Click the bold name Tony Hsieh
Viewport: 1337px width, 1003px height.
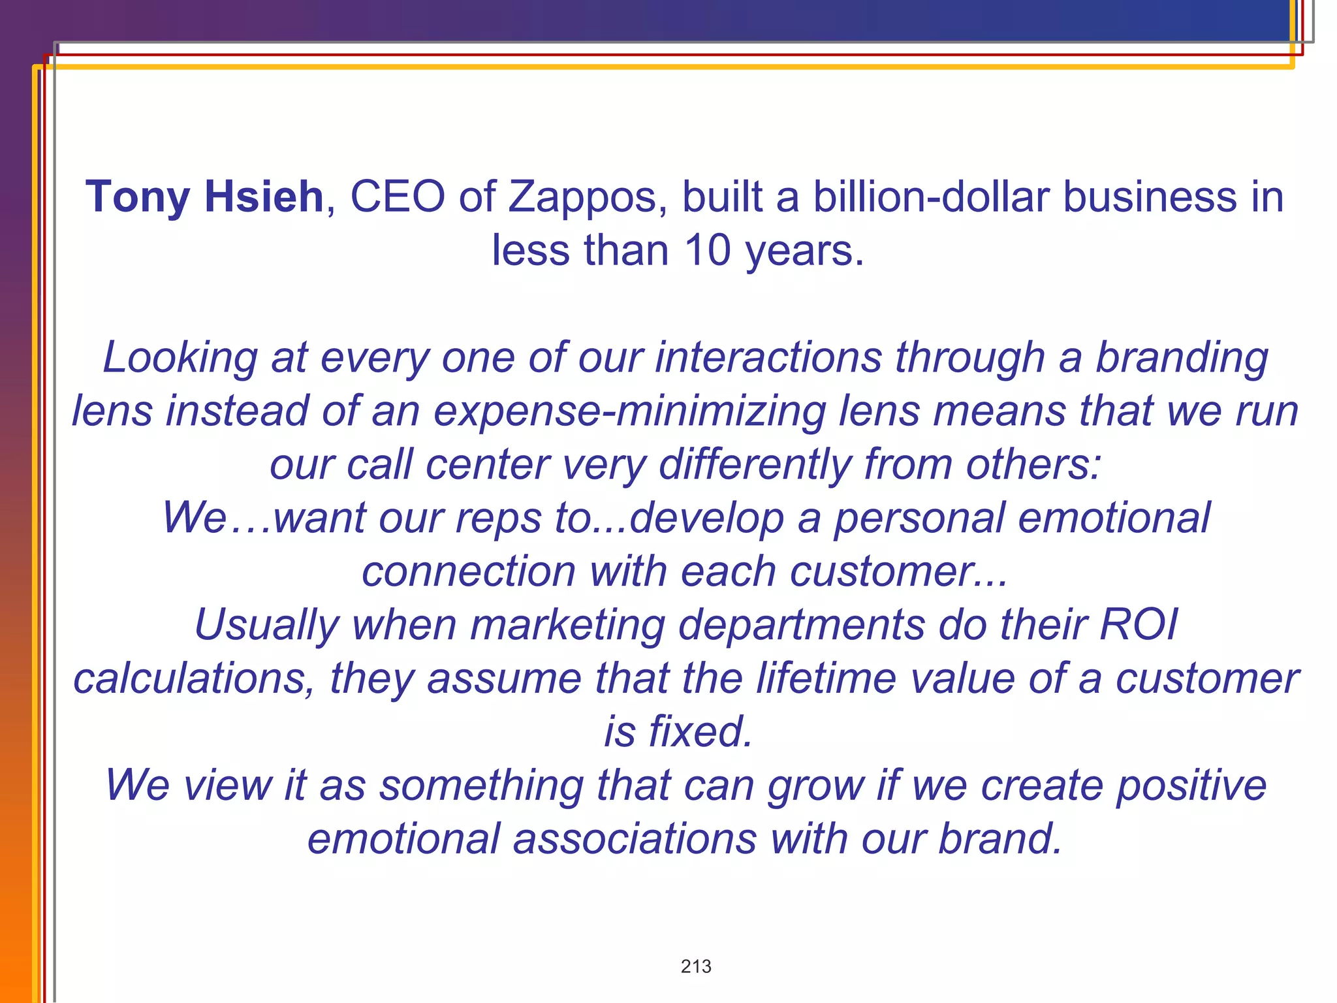pyautogui.click(x=204, y=197)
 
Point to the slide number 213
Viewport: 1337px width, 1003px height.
pyautogui.click(x=696, y=966)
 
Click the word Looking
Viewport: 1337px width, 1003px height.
pyautogui.click(x=180, y=358)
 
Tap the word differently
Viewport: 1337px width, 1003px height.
pyautogui.click(x=754, y=465)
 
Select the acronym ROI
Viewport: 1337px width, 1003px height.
pyautogui.click(x=1139, y=625)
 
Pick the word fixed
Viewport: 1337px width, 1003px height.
pyautogui.click(x=700, y=731)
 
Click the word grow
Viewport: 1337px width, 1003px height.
pyautogui.click(x=815, y=785)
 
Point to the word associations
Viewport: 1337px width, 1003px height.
pyautogui.click(x=634, y=838)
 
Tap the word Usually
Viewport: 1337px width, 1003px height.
pyautogui.click(x=266, y=625)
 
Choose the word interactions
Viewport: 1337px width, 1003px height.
pyautogui.click(x=768, y=358)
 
